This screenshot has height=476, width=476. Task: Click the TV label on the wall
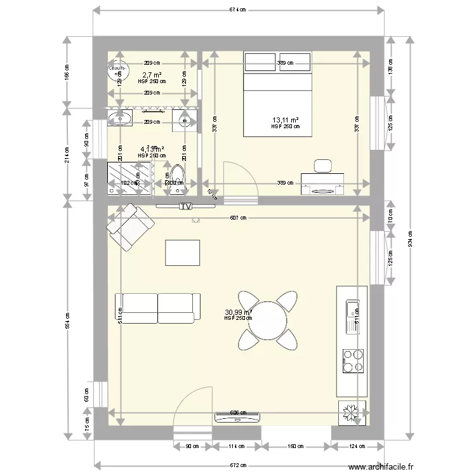point(185,206)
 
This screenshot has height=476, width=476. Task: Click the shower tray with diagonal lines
point(130,180)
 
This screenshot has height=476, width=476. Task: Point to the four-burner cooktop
point(353,360)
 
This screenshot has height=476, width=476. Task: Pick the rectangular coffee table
point(183,252)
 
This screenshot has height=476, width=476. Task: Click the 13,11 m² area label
point(286,120)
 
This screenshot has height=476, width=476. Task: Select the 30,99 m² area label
point(238,312)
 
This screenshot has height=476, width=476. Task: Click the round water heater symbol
point(117,72)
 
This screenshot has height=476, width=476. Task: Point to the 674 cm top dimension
point(238,10)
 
